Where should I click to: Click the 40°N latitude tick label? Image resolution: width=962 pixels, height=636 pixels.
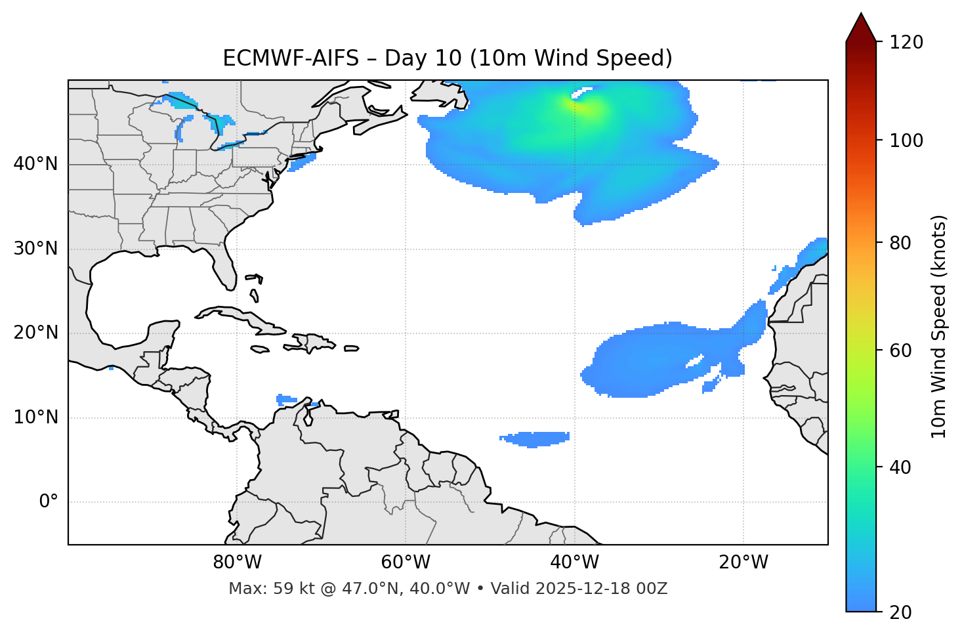click(x=35, y=164)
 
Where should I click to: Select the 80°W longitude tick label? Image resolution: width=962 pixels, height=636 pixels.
click(x=237, y=562)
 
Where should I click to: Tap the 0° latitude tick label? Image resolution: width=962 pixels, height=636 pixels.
click(x=49, y=502)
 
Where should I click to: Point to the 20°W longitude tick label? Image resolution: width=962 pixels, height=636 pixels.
click(x=743, y=562)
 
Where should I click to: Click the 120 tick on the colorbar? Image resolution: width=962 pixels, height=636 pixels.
click(x=906, y=42)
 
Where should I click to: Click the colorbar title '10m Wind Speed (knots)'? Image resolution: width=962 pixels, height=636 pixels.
click(x=939, y=326)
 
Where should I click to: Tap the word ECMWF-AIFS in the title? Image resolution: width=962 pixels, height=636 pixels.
click(x=291, y=58)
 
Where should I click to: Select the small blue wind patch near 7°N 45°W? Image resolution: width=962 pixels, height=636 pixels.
click(x=535, y=438)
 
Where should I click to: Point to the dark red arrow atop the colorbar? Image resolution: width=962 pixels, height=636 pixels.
click(x=860, y=28)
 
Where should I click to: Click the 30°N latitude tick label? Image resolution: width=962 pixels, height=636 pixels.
click(x=35, y=249)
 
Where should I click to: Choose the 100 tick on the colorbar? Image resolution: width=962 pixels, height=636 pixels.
click(x=906, y=140)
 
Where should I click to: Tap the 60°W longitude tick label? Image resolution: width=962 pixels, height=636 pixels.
click(x=406, y=562)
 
